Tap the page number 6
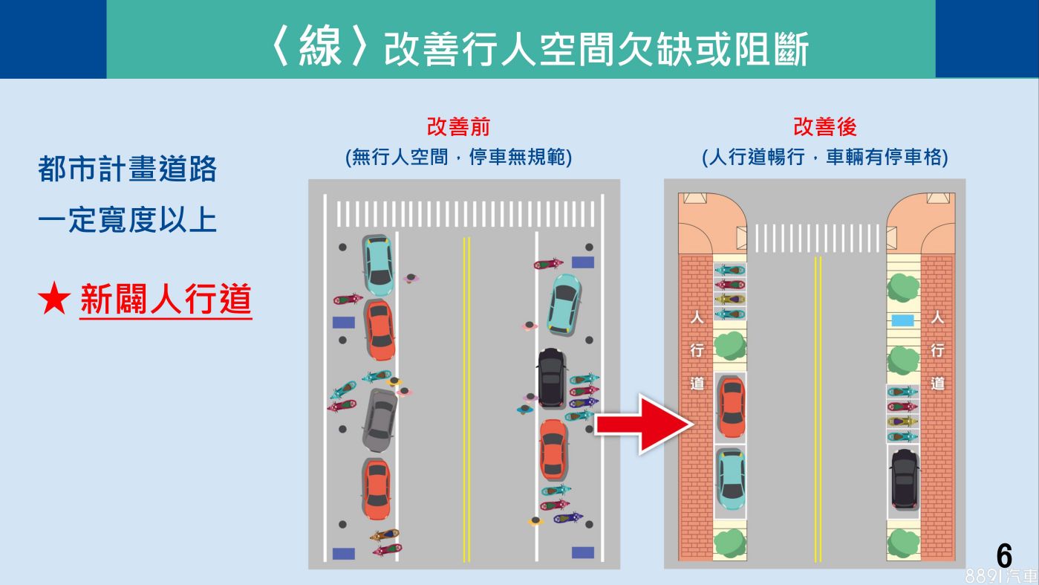pos(1004,556)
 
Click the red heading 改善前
pos(458,127)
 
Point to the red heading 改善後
pos(824,127)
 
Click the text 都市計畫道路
pos(127,169)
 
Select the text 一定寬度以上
pos(127,220)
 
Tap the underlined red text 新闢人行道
pos(166,301)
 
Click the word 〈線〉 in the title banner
pos(319,48)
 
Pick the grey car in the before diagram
pos(380,420)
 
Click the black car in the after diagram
pos(904,478)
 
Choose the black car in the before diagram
pos(551,378)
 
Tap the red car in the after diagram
pos(731,407)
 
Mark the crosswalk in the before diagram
pos(465,213)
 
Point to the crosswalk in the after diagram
pos(817,238)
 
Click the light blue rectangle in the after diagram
pos(902,320)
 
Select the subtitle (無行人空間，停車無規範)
pos(458,158)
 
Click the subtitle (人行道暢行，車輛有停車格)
pos(824,158)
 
